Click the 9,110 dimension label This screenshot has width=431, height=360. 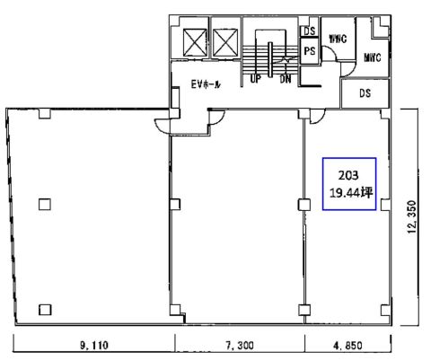pyautogui.click(x=94, y=346)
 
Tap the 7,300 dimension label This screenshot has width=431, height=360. pyautogui.click(x=240, y=346)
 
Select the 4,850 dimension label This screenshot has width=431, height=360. pyautogui.click(x=347, y=346)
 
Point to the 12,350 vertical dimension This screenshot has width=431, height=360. pyautogui.click(x=412, y=217)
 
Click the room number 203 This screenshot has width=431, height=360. pyautogui.click(x=348, y=175)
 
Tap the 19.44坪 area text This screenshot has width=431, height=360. pyautogui.click(x=351, y=193)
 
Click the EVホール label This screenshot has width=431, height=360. pyautogui.click(x=206, y=84)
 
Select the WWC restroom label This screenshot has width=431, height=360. pyautogui.click(x=338, y=39)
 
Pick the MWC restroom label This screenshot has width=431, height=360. pyautogui.click(x=373, y=57)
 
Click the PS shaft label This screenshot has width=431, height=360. pyautogui.click(x=310, y=51)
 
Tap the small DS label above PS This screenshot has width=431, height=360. pyautogui.click(x=310, y=31)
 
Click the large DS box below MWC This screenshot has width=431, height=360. pyautogui.click(x=365, y=93)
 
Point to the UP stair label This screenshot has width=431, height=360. pyautogui.click(x=255, y=79)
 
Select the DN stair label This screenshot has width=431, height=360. pyautogui.click(x=286, y=79)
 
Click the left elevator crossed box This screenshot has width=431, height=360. pyautogui.click(x=195, y=42)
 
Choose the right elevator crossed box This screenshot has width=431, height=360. pyautogui.click(x=225, y=42)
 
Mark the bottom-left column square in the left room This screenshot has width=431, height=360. pyautogui.click(x=45, y=310)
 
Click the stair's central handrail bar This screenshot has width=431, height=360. pyautogui.click(x=270, y=59)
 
